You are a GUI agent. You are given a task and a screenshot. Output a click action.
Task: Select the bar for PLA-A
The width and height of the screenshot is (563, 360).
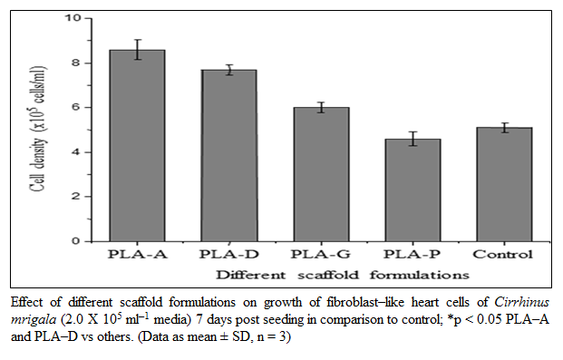pos(137,145)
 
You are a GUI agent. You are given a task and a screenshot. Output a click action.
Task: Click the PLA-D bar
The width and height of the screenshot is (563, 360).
pos(229,156)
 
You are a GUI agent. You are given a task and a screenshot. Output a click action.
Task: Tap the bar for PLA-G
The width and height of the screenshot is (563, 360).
pos(321,174)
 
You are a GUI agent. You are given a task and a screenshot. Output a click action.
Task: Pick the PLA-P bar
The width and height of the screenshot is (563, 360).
pos(413,190)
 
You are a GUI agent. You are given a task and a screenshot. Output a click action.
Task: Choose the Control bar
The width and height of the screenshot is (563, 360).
pos(504,184)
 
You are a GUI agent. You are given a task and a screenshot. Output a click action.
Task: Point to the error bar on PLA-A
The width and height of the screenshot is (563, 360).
pos(138,50)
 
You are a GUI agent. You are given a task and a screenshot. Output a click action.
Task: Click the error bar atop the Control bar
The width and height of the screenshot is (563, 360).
pos(505,128)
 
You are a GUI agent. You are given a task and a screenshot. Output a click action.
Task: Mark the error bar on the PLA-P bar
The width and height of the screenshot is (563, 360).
pos(413,139)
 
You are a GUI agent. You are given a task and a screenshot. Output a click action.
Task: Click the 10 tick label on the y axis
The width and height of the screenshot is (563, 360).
pos(73,17)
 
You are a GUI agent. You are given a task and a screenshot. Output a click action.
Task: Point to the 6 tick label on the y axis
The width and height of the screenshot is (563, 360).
pos(76,107)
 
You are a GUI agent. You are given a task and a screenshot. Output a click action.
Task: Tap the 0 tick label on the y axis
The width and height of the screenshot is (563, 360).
pos(76,241)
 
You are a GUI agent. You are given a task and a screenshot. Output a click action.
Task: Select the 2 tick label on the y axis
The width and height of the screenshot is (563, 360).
pos(76,197)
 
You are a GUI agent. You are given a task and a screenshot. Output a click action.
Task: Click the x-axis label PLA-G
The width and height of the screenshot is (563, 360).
pos(321,255)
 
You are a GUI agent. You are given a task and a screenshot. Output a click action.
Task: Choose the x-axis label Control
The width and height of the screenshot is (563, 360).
pos(502,255)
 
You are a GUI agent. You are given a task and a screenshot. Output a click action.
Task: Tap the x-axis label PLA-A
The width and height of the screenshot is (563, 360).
pos(138,255)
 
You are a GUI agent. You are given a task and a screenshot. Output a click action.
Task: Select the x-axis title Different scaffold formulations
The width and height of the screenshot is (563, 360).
pos(343,275)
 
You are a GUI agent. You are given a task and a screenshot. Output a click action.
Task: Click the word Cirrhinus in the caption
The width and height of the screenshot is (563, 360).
pos(521,303)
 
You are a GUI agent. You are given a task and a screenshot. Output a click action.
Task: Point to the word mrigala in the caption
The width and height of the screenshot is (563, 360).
pos(34,320)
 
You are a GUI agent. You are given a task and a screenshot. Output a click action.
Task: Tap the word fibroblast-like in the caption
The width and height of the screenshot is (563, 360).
pos(365,303)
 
